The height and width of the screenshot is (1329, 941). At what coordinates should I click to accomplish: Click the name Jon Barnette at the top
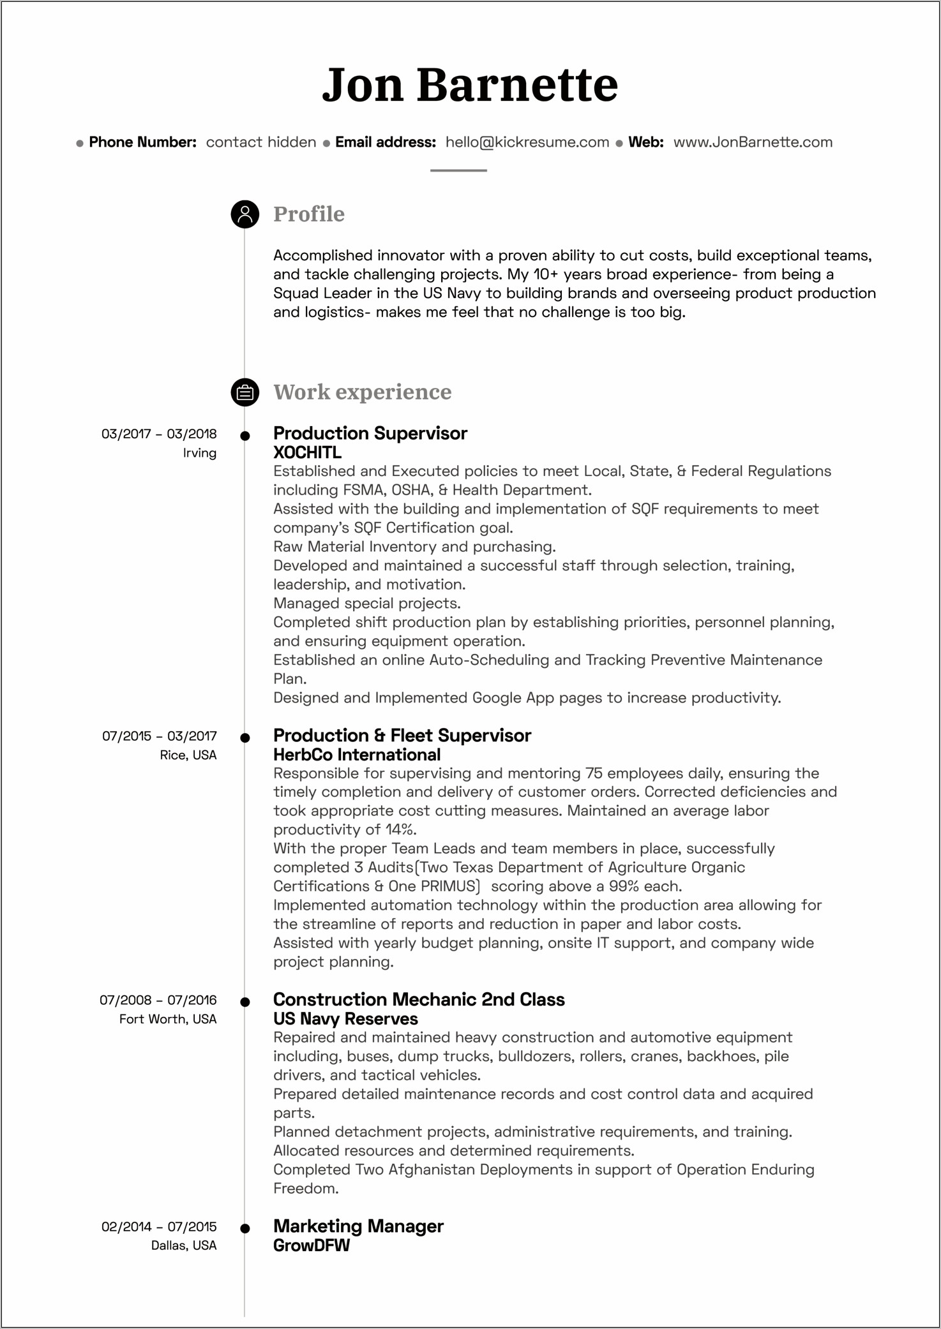[470, 85]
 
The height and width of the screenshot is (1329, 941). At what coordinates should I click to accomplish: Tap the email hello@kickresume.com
[527, 142]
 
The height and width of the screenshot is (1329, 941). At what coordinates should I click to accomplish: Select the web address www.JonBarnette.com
[753, 142]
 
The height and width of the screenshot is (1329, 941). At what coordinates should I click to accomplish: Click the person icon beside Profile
[245, 214]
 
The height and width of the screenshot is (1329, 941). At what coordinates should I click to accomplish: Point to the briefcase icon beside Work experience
[245, 392]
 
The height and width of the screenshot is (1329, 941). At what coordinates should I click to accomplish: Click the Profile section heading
[308, 214]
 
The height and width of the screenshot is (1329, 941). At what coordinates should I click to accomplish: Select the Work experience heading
[362, 392]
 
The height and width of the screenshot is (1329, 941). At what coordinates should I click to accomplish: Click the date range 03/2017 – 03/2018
[159, 434]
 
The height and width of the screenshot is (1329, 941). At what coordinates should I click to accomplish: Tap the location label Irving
[200, 453]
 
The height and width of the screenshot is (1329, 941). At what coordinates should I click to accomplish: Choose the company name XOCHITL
[307, 452]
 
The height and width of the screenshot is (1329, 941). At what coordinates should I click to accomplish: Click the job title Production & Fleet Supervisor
[402, 736]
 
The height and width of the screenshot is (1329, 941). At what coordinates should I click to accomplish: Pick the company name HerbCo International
[357, 755]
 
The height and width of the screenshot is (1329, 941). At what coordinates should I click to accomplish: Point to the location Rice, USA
[188, 755]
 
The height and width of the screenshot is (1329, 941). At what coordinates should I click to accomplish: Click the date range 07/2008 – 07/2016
[158, 1000]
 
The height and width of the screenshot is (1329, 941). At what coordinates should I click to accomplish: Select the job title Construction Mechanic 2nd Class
[419, 1000]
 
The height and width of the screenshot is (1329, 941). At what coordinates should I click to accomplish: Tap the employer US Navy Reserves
[345, 1019]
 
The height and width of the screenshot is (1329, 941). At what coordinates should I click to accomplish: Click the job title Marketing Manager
[358, 1226]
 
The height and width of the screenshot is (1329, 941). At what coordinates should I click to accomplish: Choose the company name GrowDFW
[312, 1245]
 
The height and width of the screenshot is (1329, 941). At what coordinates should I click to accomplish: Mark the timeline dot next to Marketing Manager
[245, 1228]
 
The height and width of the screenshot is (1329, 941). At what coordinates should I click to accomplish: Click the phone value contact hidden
[260, 142]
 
